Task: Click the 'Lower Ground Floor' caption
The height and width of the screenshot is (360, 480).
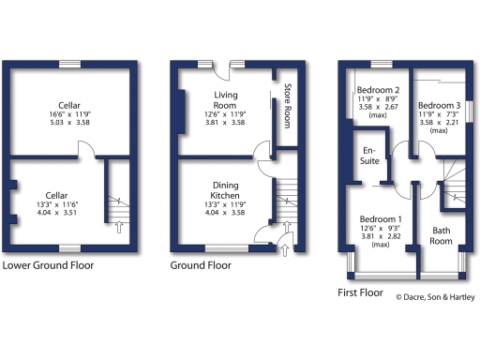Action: [x=48, y=265]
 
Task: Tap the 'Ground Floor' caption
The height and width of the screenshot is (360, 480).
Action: [x=201, y=265]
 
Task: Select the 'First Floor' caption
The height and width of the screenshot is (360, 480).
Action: [x=361, y=292]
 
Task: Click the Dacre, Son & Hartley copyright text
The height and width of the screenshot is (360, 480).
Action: [x=434, y=297]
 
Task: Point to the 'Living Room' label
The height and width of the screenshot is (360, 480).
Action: [x=226, y=100]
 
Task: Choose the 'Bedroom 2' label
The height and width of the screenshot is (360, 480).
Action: [x=379, y=91]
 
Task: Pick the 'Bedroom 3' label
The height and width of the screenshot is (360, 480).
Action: [x=439, y=105]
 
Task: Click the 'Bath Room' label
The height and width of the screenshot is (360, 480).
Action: [x=442, y=235]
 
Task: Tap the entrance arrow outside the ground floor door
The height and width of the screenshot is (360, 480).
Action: [x=283, y=249]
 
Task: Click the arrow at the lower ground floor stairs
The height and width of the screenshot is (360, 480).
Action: [x=119, y=225]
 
